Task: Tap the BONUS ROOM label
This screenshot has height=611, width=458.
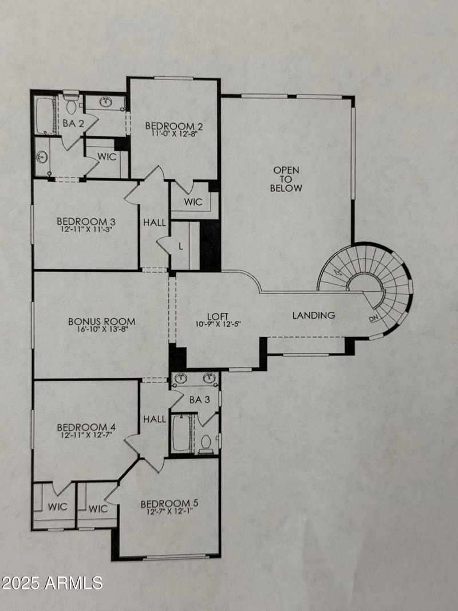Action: [x=101, y=321]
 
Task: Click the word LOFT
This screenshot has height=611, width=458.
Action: [x=218, y=316]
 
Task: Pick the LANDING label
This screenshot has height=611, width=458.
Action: [x=314, y=315]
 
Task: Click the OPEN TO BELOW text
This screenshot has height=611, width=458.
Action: [x=286, y=179]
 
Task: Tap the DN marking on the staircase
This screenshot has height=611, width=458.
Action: [x=374, y=318]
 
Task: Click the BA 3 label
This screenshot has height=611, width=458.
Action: [x=195, y=399]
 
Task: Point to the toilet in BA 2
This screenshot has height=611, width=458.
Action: [x=71, y=104]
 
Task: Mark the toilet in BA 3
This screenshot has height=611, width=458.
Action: [x=206, y=444]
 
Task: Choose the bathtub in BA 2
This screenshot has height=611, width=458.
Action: [x=45, y=116]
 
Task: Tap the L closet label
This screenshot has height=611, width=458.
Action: [x=180, y=246]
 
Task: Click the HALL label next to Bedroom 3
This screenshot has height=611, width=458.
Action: [x=154, y=222]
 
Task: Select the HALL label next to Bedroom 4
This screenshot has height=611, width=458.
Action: [x=154, y=419]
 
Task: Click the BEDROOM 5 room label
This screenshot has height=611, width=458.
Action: [x=169, y=504]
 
